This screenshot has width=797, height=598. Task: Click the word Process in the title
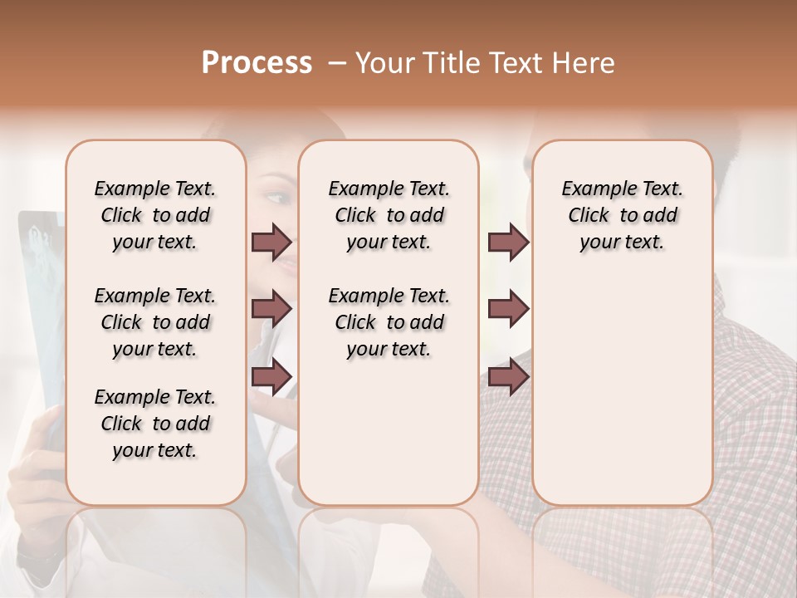point(257,63)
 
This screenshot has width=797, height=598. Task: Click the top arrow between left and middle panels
point(271,242)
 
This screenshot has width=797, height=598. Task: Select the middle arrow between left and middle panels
point(271,309)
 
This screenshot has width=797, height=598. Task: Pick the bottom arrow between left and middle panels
point(271,376)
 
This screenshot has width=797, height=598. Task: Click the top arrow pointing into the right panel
point(508,242)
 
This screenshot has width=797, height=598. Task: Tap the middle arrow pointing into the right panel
point(508,309)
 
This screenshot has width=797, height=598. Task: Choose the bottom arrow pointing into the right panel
point(508,376)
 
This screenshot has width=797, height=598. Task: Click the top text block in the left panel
point(155,215)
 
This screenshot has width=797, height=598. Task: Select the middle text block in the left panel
point(155,322)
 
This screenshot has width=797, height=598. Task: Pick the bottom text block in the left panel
point(155,424)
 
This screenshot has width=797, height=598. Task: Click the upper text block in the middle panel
point(389,215)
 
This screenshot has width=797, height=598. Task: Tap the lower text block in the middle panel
point(389,322)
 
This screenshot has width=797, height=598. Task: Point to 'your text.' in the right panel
point(622,243)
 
